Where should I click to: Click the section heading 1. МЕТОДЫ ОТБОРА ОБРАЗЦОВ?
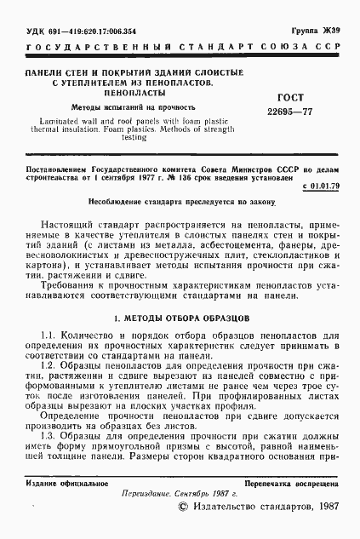pyautogui.click(x=180, y=318)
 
